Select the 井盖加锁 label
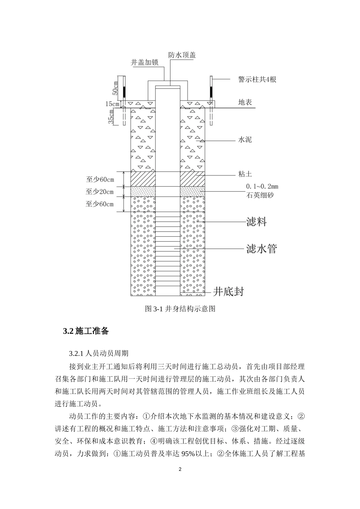144,62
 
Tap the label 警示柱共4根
257,80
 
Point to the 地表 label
245,102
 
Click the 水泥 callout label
245,140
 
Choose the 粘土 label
245,174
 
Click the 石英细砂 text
260,195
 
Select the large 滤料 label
257,222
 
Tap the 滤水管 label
261,248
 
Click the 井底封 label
228,291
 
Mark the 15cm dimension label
113,103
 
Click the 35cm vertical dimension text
111,117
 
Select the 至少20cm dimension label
100,192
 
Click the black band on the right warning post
211,91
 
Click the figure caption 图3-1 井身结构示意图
180,309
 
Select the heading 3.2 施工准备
86,331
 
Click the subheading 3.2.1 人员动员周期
99,353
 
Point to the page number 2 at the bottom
180,470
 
